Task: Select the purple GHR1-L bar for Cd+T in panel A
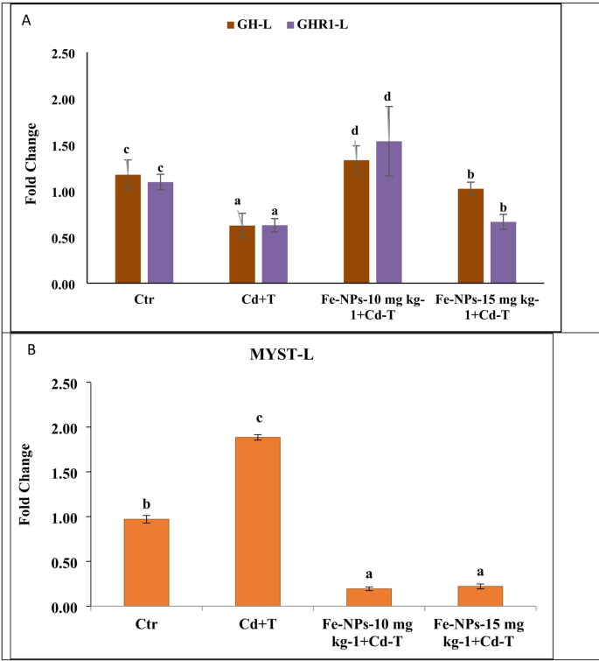click(x=275, y=255)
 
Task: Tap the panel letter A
click(x=27, y=18)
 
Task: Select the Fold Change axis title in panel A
click(x=31, y=168)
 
